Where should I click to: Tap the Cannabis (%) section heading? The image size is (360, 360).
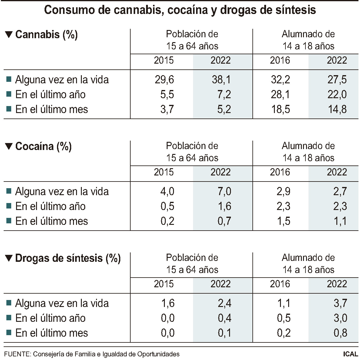46,35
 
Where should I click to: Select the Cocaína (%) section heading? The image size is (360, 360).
43,146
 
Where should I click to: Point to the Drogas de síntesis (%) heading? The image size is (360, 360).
68,258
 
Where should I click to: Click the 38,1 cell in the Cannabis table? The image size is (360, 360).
221,80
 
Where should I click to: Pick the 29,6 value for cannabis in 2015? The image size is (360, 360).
164,80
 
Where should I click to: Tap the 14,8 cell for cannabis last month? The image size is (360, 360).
337,109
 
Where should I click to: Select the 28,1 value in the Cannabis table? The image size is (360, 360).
280,95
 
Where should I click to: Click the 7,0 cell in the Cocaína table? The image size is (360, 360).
224,192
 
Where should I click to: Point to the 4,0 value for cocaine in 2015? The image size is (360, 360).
167,192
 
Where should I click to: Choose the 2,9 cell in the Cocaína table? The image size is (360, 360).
283,192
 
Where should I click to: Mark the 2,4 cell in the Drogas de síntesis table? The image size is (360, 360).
224,303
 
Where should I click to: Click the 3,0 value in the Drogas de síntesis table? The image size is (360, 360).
340,318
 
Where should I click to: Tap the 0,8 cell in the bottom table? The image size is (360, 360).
340,333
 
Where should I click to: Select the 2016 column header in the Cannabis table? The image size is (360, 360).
280,60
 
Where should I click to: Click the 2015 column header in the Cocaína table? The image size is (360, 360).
164,172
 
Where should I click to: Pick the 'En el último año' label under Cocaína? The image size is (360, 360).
50,206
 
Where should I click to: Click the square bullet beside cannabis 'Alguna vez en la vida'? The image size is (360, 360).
9,80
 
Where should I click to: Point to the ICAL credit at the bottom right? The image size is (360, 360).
351,354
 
